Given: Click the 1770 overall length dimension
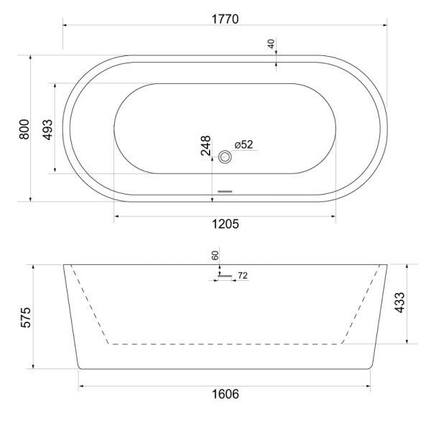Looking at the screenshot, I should point(224,17).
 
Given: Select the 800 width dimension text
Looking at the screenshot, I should point(24,129).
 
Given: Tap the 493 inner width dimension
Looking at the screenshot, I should point(47,128).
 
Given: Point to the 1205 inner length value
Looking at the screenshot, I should point(225,224).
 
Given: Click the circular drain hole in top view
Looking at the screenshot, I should point(226,157).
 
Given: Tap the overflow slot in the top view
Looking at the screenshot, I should point(226,191).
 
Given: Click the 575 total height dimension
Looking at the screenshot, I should point(23,317).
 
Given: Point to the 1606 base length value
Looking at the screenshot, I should point(225,395).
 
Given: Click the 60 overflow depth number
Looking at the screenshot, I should point(215,255).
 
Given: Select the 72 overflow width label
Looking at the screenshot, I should point(242,275).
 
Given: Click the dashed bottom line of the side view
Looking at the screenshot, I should point(225,344).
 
